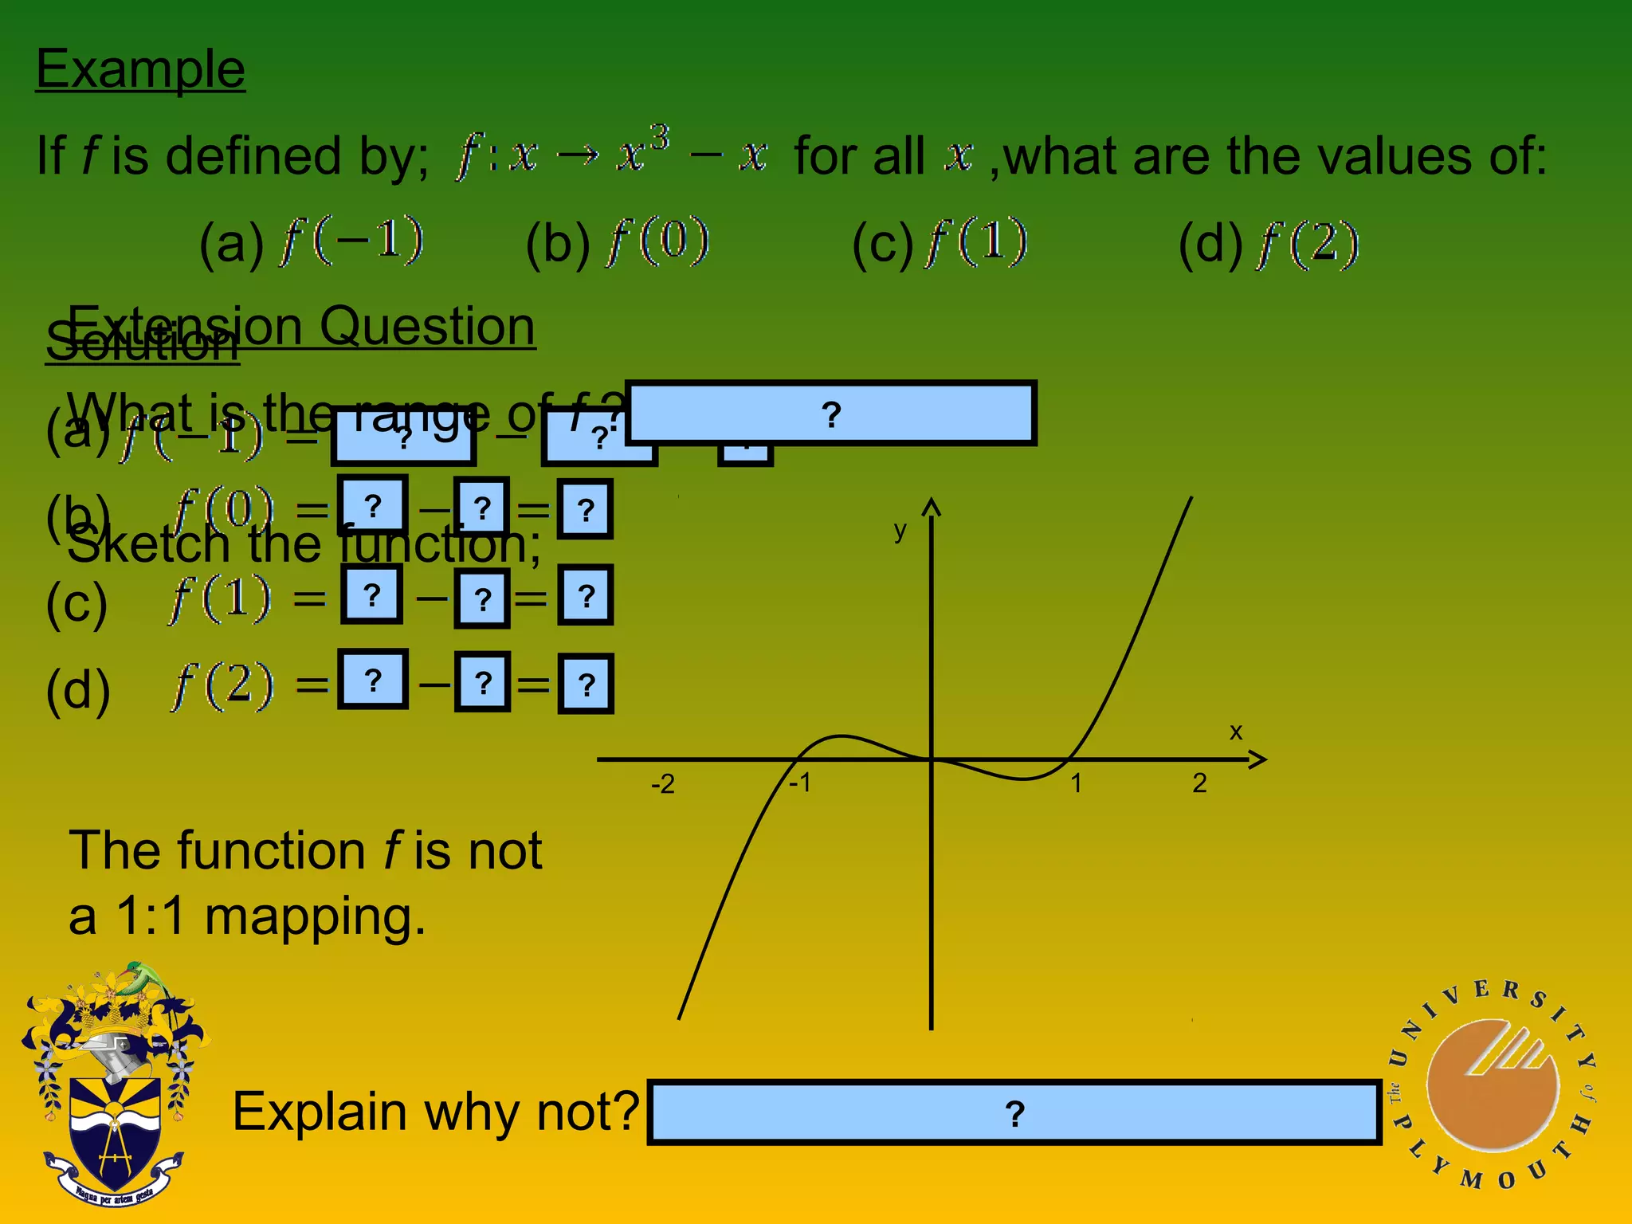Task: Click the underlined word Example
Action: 140,70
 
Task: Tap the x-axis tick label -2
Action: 662,785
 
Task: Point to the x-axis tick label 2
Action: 1199,783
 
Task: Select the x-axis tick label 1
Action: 1076,783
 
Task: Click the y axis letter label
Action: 900,530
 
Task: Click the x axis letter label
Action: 1235,732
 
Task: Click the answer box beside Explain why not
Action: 1014,1112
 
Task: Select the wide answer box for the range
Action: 830,413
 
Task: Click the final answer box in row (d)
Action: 586,684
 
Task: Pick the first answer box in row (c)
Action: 371,594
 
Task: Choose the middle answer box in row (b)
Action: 481,507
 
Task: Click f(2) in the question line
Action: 1307,244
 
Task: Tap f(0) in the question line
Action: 657,242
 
